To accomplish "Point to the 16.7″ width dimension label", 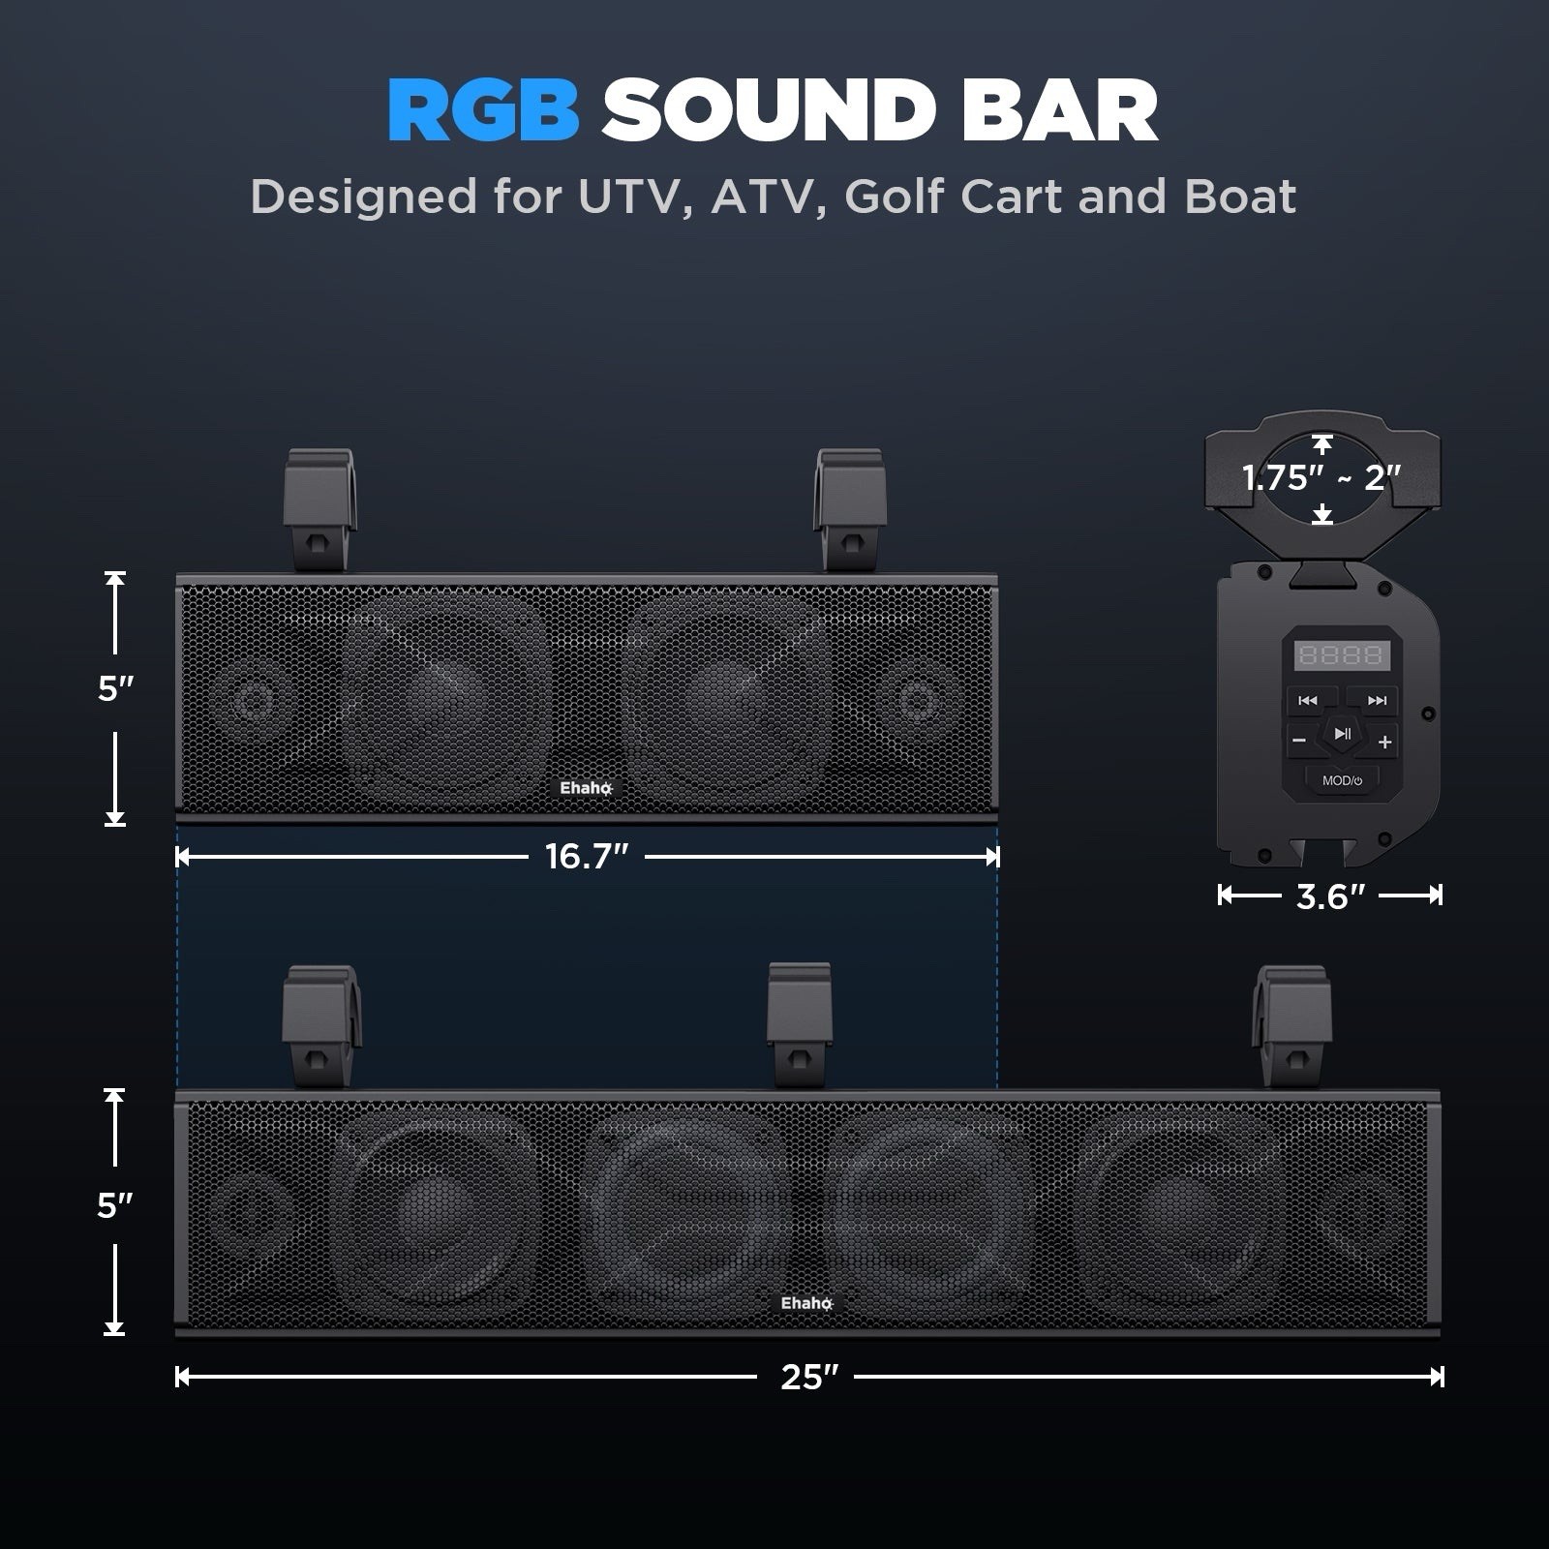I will [587, 857].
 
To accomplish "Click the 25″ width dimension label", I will [808, 1377].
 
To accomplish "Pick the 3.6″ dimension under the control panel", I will [1329, 896].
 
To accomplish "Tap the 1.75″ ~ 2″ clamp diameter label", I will [1321, 477].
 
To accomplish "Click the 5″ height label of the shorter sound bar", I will [115, 689].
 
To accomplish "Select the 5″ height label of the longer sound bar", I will [114, 1206].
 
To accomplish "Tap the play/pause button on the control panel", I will [1342, 734].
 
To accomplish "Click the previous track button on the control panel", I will [1308, 700].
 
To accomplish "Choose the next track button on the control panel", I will [1376, 700].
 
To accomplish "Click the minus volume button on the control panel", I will [1299, 742].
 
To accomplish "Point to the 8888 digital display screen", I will [1341, 655].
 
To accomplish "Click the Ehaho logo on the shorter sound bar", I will [586, 788].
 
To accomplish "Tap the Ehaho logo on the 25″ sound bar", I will [806, 1303].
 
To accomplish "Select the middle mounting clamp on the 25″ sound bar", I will [799, 1023].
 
